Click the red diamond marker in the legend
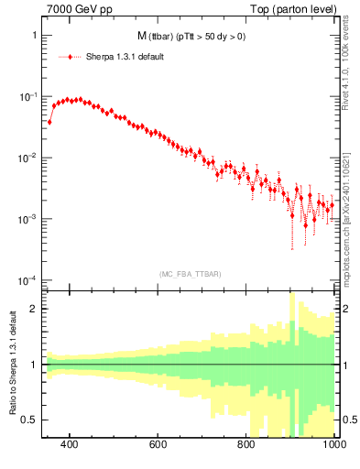click(x=71, y=57)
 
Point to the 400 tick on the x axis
click(x=69, y=446)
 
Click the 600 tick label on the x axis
click(x=158, y=446)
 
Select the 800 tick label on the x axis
click(x=246, y=446)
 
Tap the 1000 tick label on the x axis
click(x=333, y=446)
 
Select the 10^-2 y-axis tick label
click(x=29, y=157)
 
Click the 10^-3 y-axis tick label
click(x=29, y=218)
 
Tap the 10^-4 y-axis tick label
click(x=29, y=279)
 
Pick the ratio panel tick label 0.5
click(x=31, y=420)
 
